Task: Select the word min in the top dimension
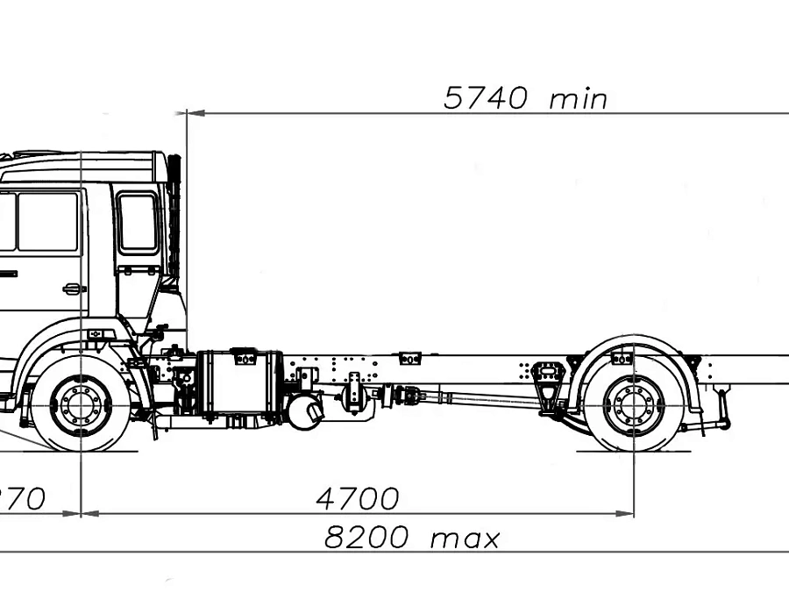[578, 98]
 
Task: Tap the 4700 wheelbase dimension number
[357, 499]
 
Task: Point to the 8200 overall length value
[366, 537]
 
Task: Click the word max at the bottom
[465, 538]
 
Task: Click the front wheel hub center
[81, 404]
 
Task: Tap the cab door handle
[74, 288]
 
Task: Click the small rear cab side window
[138, 223]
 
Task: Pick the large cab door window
[48, 221]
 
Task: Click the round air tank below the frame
[305, 411]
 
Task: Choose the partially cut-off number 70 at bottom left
[26, 499]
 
